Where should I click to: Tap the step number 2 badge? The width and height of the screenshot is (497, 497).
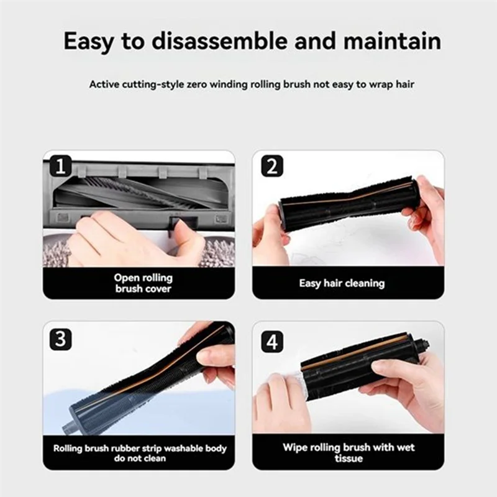tap(271, 166)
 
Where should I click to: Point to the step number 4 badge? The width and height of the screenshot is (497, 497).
tap(271, 341)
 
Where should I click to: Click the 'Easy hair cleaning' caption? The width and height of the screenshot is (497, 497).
tap(342, 283)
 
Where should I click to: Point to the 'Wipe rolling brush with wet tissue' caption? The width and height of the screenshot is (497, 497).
tap(349, 453)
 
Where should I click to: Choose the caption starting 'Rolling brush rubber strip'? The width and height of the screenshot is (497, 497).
tap(139, 453)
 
